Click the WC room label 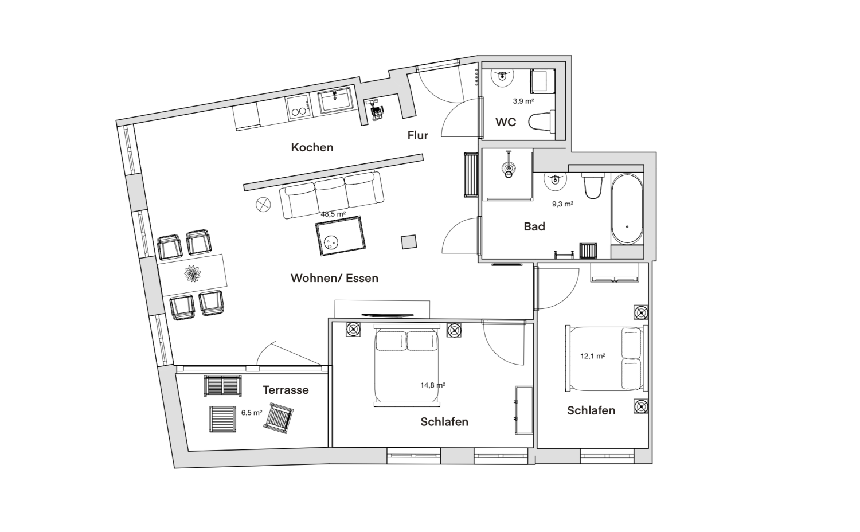[x=506, y=122]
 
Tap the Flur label [x=418, y=135]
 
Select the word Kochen [x=312, y=147]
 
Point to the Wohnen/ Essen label [x=334, y=278]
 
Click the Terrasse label [x=286, y=390]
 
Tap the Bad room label [x=534, y=226]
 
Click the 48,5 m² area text [x=333, y=214]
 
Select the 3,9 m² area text [x=523, y=101]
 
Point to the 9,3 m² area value [x=563, y=204]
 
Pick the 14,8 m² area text [x=433, y=385]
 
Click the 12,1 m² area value [x=593, y=356]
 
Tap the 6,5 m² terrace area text [x=252, y=413]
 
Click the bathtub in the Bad [x=627, y=209]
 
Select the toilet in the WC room [x=542, y=122]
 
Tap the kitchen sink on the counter [x=335, y=100]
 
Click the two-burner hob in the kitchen [x=298, y=107]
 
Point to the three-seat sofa [x=331, y=195]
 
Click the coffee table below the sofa [x=340, y=236]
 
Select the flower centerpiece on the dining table [x=192, y=273]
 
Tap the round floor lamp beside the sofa [x=263, y=205]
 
